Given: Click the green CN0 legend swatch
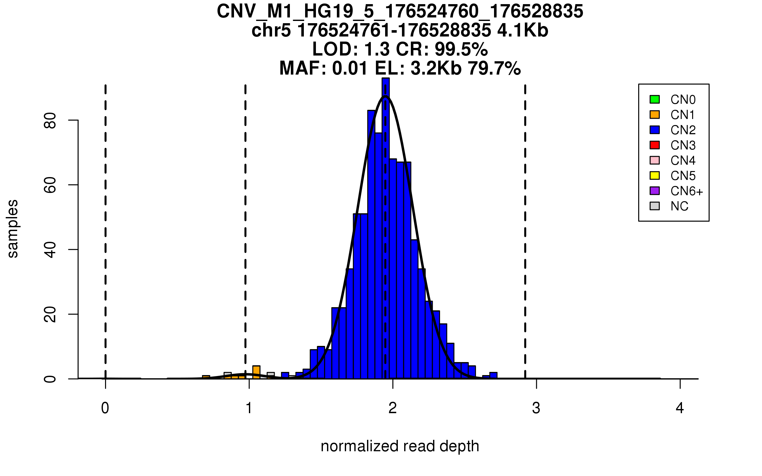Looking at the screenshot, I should tap(654, 99).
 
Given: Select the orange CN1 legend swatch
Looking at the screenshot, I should tap(654, 115).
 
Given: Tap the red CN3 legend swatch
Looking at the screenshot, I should tap(654, 145).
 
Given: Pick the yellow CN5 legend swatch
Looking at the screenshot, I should tap(654, 175).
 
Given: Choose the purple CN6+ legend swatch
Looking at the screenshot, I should tap(654, 191).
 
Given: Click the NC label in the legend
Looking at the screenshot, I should tap(679, 206).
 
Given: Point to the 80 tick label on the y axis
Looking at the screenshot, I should tap(50, 121).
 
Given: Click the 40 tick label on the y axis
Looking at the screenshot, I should tap(50, 250).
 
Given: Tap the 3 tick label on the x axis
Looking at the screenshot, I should tap(536, 408).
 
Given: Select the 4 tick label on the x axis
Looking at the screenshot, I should tap(680, 408).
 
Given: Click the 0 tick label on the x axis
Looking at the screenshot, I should tap(105, 408).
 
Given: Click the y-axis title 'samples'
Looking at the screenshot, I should tap(13, 228).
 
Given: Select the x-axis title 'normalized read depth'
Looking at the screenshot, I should tap(400, 446).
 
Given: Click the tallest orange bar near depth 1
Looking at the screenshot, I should tap(256, 372).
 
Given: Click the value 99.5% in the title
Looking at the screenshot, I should tap(461, 49).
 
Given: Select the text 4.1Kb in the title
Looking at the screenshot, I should tap(523, 30).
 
